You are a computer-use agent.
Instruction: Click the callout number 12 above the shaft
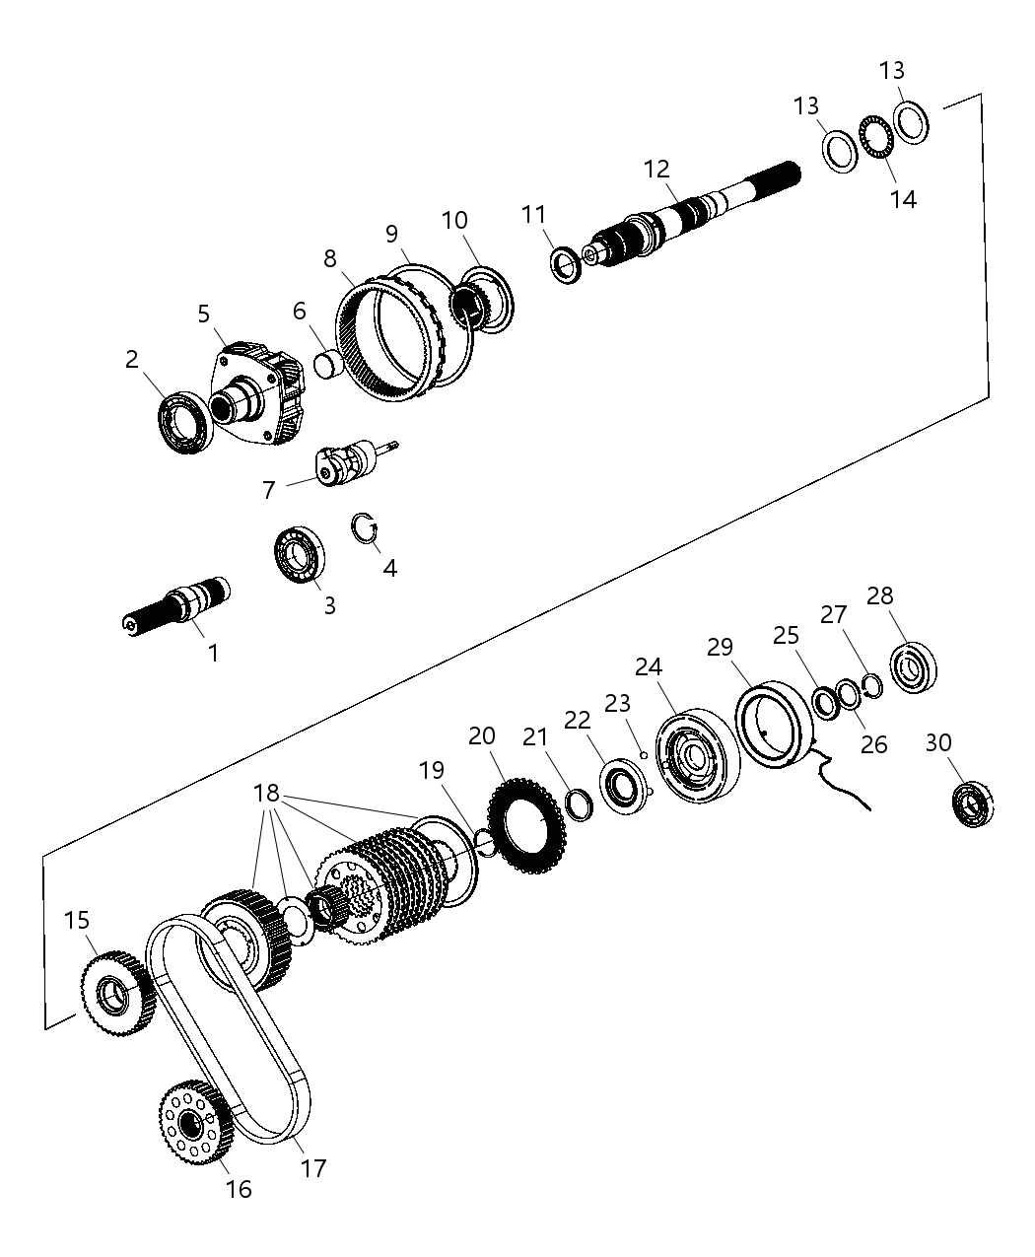(656, 169)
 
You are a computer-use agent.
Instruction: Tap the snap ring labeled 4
(367, 528)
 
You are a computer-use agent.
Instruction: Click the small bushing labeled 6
(327, 363)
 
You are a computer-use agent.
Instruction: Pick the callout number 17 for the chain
(312, 1168)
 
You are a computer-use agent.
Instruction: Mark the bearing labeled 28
(914, 665)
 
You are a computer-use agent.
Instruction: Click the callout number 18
(266, 795)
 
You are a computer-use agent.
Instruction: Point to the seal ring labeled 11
(565, 265)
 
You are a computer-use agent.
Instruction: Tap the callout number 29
(721, 647)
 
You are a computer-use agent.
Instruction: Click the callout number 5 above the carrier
(203, 314)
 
